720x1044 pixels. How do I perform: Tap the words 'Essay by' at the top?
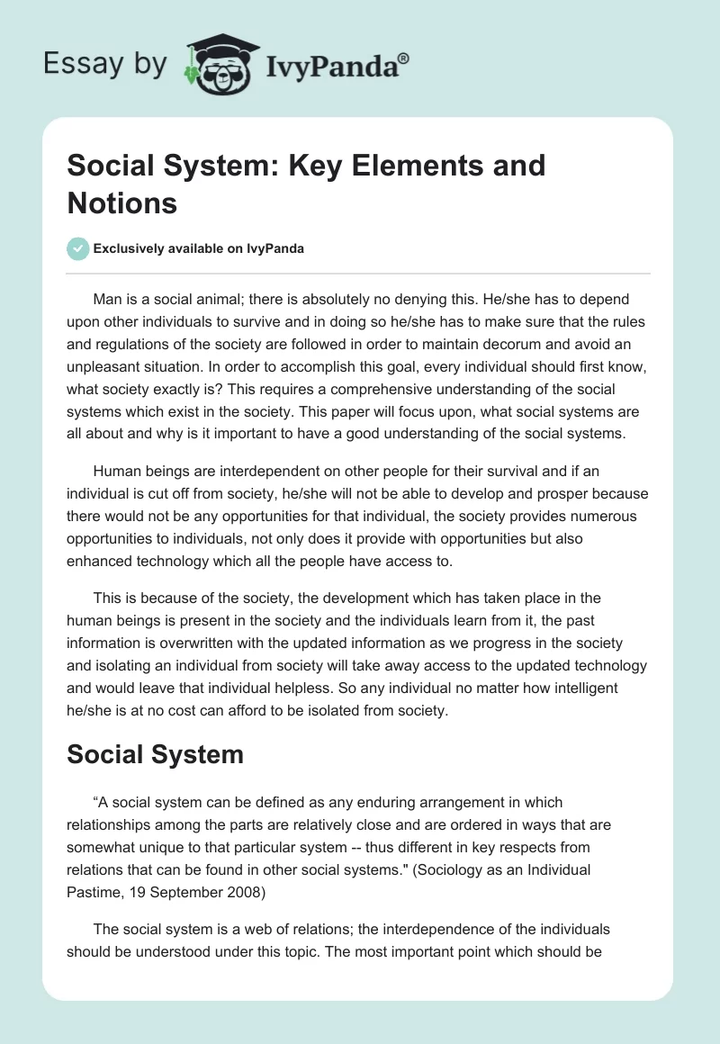(x=104, y=65)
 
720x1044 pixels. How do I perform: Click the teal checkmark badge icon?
(x=78, y=248)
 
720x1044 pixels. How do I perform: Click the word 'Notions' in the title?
(x=122, y=202)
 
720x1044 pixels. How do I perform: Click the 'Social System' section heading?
(x=156, y=754)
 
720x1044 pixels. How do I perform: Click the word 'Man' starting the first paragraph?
(x=107, y=299)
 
